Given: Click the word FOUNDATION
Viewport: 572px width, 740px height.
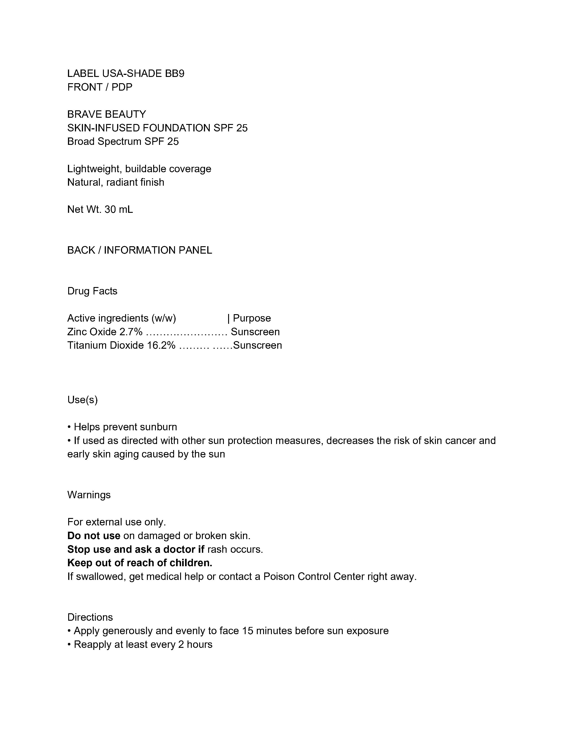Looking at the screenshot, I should point(176,128).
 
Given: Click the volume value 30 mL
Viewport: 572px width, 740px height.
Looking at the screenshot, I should point(119,209).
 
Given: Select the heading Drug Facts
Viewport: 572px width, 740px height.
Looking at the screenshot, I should point(92,291).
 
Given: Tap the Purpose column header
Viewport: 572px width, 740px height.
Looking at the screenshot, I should point(252,318).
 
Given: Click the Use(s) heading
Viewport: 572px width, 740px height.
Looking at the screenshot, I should point(82,400).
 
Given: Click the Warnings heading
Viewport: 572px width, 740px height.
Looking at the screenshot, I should point(89,495).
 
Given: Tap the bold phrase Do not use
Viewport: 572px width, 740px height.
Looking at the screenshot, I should point(94,536).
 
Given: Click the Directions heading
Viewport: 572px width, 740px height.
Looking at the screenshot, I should point(90,617).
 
